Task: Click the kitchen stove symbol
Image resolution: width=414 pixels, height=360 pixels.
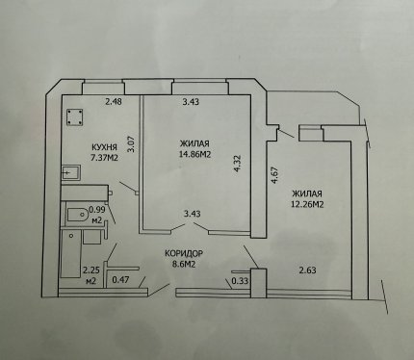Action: pyautogui.click(x=74, y=117)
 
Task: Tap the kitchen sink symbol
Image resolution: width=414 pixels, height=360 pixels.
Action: pyautogui.click(x=71, y=173)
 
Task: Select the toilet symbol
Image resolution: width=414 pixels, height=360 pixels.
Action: pyautogui.click(x=78, y=215)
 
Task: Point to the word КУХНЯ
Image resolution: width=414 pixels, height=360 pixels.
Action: pyautogui.click(x=104, y=147)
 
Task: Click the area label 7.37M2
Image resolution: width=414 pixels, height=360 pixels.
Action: pyautogui.click(x=104, y=158)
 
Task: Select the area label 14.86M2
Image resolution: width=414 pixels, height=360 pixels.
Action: pyautogui.click(x=194, y=154)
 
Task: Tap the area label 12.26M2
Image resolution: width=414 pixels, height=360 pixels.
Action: pyautogui.click(x=307, y=204)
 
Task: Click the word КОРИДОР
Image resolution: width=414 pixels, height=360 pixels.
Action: pyautogui.click(x=184, y=253)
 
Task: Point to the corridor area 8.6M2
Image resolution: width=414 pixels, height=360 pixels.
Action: pyautogui.click(x=184, y=264)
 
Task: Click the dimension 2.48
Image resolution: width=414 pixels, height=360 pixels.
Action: pyautogui.click(x=114, y=102)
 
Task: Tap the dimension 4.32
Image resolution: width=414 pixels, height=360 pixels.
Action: pyautogui.click(x=237, y=164)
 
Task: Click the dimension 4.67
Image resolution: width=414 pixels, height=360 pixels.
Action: pyautogui.click(x=274, y=174)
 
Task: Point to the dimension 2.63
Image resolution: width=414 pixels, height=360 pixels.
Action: pyautogui.click(x=307, y=270)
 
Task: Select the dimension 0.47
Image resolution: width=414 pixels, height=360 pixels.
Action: pyautogui.click(x=120, y=280)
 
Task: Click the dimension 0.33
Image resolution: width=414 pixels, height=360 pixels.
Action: pyautogui.click(x=240, y=281)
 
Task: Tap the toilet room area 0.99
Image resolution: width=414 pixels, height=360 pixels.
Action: pyautogui.click(x=97, y=210)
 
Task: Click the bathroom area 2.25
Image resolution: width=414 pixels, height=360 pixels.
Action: pyautogui.click(x=91, y=270)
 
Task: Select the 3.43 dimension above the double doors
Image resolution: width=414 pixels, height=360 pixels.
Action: pyautogui.click(x=192, y=214)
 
